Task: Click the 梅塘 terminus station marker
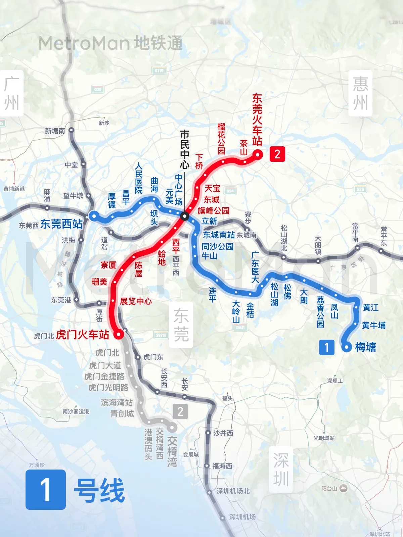[x=347, y=347]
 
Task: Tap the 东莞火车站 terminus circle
[x=258, y=154]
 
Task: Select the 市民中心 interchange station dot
[x=185, y=216]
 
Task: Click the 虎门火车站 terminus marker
[x=119, y=334]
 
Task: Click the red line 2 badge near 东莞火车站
[x=277, y=154]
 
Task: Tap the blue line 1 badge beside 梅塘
[x=327, y=347]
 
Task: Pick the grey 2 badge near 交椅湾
[x=180, y=411]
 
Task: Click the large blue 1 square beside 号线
[x=46, y=489]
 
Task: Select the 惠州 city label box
[x=360, y=93]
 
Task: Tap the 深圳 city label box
[x=281, y=470]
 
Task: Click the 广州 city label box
[x=11, y=93]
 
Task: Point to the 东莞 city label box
[x=181, y=325]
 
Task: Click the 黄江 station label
[x=371, y=307]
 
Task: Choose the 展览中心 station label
[x=136, y=301]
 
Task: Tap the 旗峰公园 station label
[x=213, y=210]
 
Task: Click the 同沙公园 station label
[x=217, y=246]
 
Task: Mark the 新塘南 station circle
[x=71, y=130]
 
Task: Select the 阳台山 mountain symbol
[x=343, y=488]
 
